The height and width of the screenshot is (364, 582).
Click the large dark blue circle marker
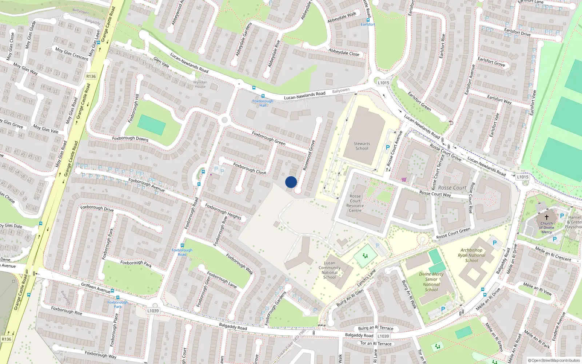pos(291,182)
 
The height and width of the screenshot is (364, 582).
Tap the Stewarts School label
pos(362,146)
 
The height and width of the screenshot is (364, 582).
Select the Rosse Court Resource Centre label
pos(355,203)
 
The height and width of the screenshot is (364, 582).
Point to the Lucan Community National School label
pos(330,270)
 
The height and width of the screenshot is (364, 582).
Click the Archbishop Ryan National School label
pos(471,255)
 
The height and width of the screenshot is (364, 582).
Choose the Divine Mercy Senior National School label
pos(431,282)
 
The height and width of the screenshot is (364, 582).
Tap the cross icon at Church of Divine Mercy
pos(546,217)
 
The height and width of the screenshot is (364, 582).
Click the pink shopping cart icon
pos(404,179)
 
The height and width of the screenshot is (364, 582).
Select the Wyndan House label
pos(200,84)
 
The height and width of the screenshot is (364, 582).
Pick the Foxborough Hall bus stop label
pos(263,103)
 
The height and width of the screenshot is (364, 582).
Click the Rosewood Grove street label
pos(309,155)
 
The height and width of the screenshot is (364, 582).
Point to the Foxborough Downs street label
pos(130,138)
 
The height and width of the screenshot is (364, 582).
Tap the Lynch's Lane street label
pos(366,278)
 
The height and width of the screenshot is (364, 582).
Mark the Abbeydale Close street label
pos(344,52)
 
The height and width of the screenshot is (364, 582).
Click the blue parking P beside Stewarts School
pos(388,147)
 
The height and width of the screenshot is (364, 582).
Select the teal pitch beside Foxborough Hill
pos(152,124)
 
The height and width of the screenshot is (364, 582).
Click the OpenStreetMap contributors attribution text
pos(554,360)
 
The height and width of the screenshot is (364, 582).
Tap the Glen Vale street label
pos(161,62)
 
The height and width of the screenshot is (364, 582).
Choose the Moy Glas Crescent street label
pos(72,54)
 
